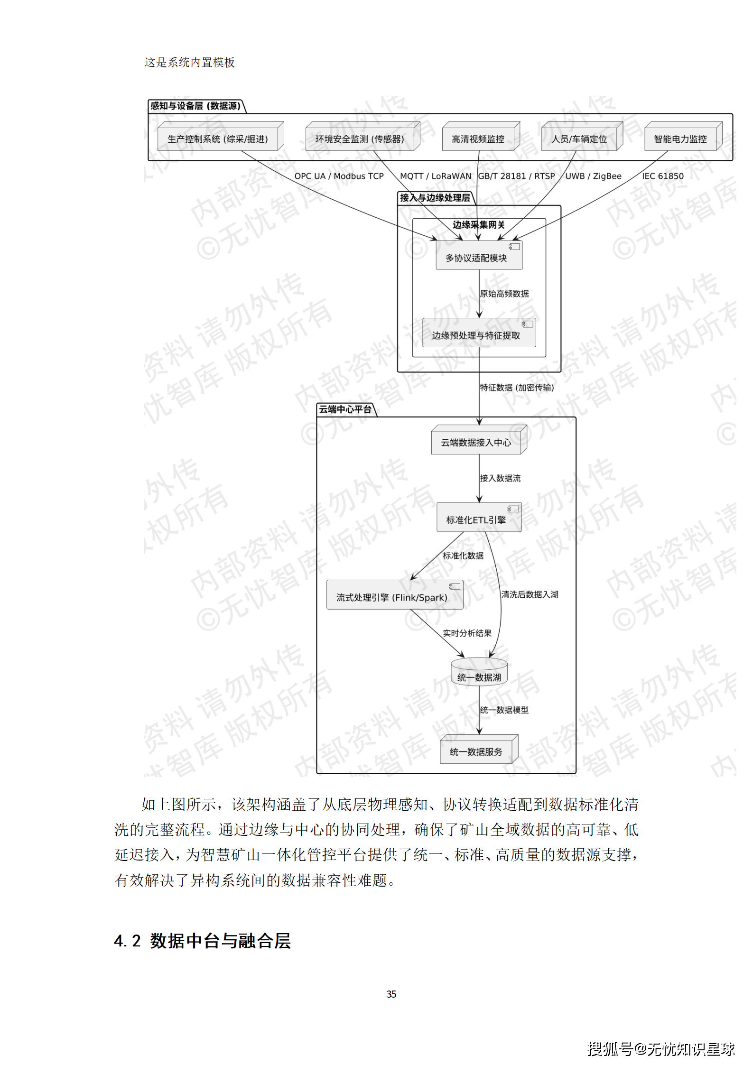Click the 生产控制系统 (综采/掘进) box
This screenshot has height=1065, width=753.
click(x=218, y=139)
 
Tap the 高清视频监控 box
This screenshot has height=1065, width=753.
click(x=478, y=139)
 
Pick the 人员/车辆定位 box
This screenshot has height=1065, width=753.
click(x=579, y=139)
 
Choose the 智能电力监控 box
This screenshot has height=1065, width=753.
click(x=680, y=139)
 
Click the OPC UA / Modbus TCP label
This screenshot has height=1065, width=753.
click(x=339, y=176)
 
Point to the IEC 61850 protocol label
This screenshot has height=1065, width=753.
click(x=663, y=176)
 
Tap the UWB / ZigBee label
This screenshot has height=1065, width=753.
click(x=593, y=176)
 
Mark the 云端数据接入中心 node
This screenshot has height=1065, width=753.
click(x=477, y=442)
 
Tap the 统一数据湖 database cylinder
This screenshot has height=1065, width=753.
click(x=479, y=674)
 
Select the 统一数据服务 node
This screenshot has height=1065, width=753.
click(x=477, y=751)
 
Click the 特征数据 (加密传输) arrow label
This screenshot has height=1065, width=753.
click(x=517, y=388)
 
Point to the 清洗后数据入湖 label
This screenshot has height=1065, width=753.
click(x=530, y=594)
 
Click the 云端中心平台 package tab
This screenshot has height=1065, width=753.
click(x=345, y=409)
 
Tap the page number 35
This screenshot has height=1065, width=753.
click(x=391, y=994)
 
